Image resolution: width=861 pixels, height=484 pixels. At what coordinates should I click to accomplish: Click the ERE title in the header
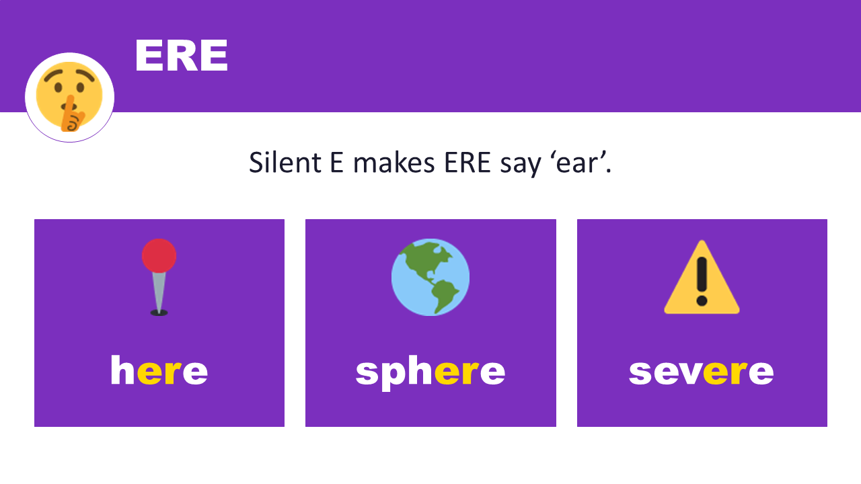[x=181, y=56]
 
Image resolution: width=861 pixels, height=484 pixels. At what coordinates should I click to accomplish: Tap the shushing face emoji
[x=69, y=97]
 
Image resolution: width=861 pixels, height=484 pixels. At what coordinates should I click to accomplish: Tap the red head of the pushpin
[x=159, y=255]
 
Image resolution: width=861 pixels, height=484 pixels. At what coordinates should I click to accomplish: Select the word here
[x=159, y=371]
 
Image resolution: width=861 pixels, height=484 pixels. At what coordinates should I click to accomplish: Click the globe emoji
[x=430, y=277]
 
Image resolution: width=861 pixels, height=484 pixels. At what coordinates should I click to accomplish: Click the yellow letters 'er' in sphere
[x=457, y=372]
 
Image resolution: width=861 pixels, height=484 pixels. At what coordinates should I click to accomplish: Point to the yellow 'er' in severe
[x=725, y=372]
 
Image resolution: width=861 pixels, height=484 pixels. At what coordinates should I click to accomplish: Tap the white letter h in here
[x=122, y=370]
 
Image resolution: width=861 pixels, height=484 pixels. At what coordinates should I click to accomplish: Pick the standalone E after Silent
[x=336, y=163]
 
